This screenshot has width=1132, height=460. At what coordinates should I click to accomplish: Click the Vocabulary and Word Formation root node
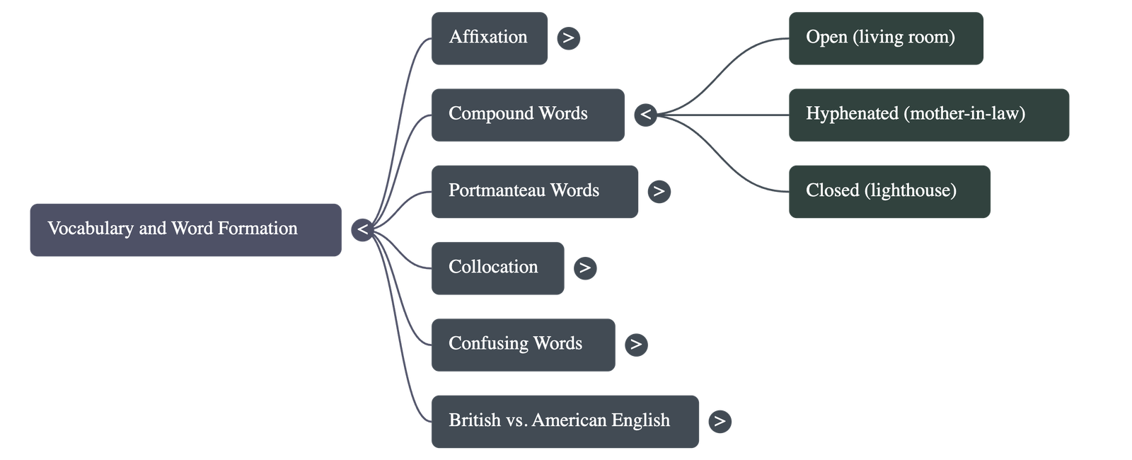click(185, 229)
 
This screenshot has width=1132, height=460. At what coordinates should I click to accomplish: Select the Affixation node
click(489, 38)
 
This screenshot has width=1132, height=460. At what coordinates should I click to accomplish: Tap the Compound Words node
click(527, 115)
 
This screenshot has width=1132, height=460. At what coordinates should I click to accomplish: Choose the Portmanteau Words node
click(534, 191)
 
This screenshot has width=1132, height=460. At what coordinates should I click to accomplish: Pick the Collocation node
click(497, 268)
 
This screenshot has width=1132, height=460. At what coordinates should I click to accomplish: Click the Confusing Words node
click(523, 345)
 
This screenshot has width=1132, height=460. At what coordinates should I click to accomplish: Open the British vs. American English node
click(565, 421)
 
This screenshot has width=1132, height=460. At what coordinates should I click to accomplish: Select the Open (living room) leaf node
click(885, 38)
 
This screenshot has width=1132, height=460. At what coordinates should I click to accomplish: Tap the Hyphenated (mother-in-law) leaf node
click(928, 115)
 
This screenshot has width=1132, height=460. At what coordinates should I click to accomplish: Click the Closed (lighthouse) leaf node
click(889, 191)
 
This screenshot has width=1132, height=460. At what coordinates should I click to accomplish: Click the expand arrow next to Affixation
click(568, 38)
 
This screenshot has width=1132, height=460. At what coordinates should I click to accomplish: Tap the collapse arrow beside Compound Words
click(645, 115)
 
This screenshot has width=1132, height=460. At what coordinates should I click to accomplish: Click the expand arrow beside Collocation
click(584, 268)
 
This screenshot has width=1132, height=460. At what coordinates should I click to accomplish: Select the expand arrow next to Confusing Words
click(636, 345)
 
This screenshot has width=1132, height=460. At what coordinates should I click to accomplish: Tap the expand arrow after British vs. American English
click(720, 421)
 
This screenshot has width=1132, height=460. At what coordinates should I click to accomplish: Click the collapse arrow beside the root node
click(362, 229)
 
